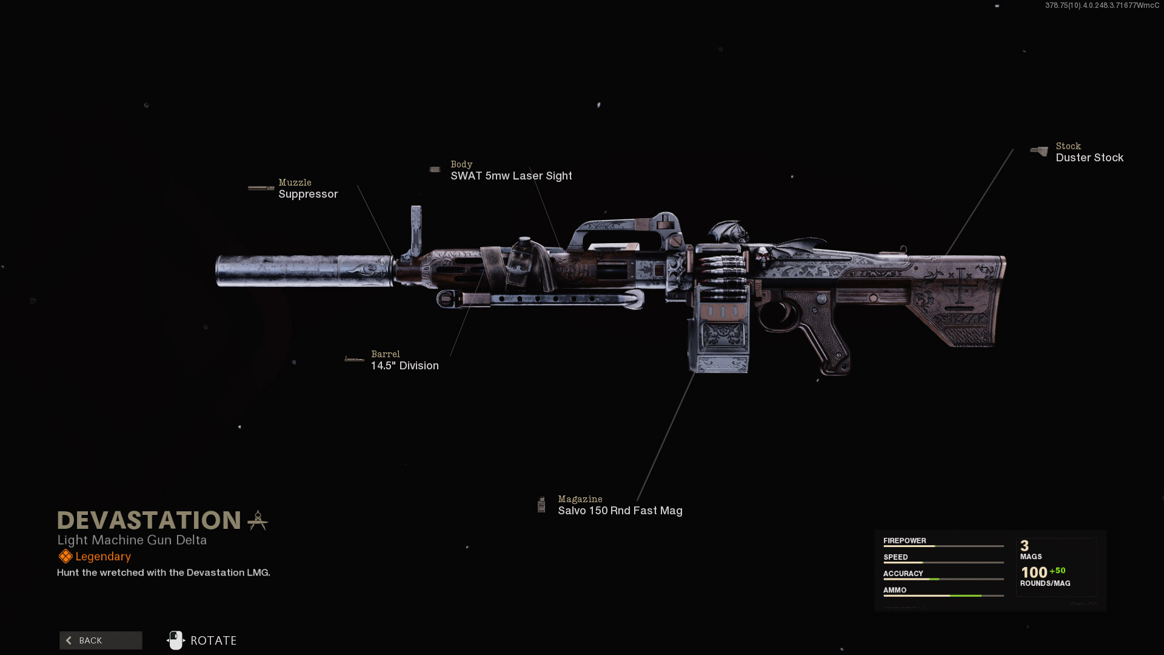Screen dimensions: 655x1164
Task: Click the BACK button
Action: pos(101,640)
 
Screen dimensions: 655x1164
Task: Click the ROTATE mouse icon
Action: pos(176,640)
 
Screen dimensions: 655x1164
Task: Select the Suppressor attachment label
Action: pos(308,194)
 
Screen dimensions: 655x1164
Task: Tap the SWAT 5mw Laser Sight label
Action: pos(511,176)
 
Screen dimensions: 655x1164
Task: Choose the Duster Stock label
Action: pos(1089,158)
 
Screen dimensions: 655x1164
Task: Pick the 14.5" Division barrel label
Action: pos(404,366)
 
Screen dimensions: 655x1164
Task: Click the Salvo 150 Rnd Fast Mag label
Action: pos(620,511)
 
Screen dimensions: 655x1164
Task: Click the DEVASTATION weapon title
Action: pos(149,520)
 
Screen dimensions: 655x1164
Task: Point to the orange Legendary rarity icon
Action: pos(65,556)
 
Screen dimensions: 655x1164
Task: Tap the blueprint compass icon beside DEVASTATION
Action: pos(258,520)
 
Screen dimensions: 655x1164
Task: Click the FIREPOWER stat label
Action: pos(905,540)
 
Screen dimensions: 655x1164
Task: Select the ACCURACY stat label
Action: pos(903,573)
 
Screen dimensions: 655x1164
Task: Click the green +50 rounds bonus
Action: pos(1057,571)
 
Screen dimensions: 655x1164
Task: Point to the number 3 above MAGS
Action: pos(1025,545)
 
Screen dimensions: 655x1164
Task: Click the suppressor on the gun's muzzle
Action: pos(303,270)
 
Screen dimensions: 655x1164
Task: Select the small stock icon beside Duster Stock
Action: pos(1039,151)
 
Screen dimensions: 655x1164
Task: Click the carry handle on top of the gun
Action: pos(624,227)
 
